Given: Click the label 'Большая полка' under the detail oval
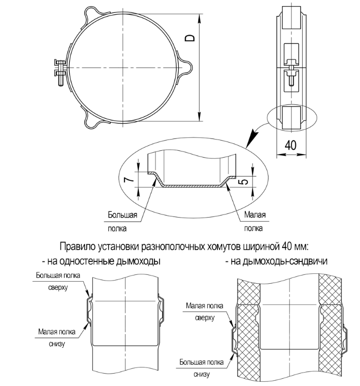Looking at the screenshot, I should pos(122,221).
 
